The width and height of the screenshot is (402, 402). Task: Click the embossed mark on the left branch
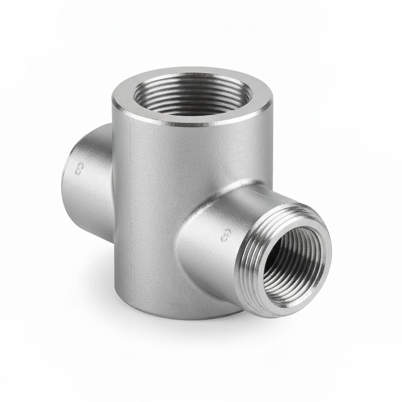tap(80, 170)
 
